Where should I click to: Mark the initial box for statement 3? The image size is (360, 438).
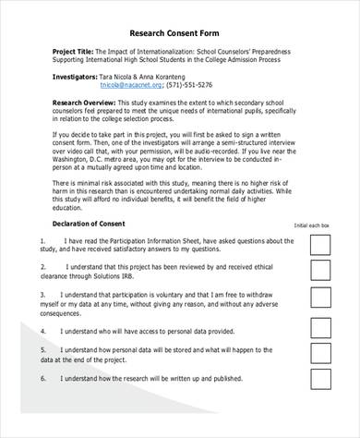pyautogui.click(x=320, y=298)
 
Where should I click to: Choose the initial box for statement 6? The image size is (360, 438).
pyautogui.click(x=320, y=379)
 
